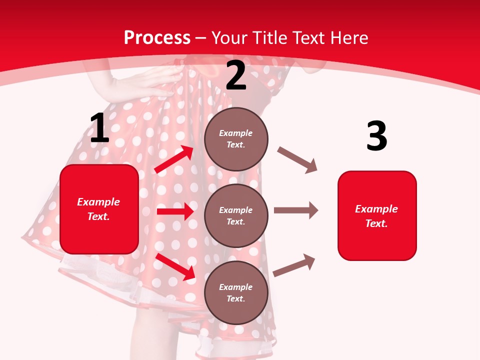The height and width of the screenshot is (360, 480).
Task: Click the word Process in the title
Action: click(x=157, y=38)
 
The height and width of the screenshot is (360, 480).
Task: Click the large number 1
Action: click(x=99, y=128)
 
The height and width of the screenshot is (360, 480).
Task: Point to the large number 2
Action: click(x=236, y=75)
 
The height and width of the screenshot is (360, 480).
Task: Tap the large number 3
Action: click(x=376, y=136)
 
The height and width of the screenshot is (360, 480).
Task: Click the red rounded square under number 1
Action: click(x=99, y=209)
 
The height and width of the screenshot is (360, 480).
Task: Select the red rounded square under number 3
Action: click(x=377, y=216)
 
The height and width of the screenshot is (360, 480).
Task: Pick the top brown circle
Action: click(x=236, y=139)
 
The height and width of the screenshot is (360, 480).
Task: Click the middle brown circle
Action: click(x=236, y=215)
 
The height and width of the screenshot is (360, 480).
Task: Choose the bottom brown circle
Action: click(x=236, y=292)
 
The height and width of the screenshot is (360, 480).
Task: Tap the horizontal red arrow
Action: click(x=175, y=211)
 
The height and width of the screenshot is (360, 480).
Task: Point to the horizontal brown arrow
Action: click(x=296, y=210)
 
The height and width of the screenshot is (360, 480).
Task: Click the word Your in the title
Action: click(x=229, y=38)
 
